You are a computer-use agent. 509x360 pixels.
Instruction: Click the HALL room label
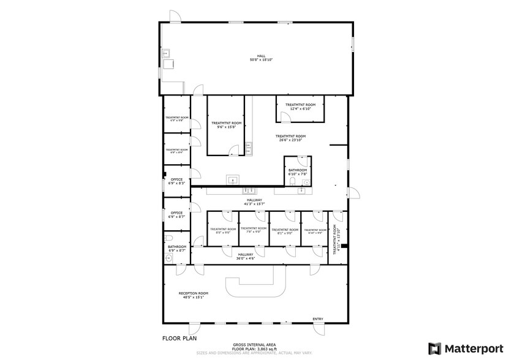click(260, 58)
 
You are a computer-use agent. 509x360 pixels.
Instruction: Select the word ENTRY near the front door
click(318, 319)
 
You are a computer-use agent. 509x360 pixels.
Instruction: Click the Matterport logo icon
click(434, 348)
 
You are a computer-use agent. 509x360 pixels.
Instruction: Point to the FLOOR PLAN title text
click(179, 338)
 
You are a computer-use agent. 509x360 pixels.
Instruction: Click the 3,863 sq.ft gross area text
click(255, 348)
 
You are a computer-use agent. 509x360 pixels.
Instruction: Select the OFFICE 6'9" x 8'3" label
click(177, 181)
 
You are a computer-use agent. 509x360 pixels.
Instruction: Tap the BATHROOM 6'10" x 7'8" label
click(298, 172)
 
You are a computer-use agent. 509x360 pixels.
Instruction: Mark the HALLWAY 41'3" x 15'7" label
click(254, 202)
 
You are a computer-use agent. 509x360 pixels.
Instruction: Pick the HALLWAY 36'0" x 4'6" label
click(246, 256)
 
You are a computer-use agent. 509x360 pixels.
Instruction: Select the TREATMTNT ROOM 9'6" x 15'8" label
click(227, 125)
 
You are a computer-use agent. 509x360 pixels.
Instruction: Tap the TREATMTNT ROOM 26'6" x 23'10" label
click(290, 138)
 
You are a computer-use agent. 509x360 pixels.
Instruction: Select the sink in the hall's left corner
click(166, 53)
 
